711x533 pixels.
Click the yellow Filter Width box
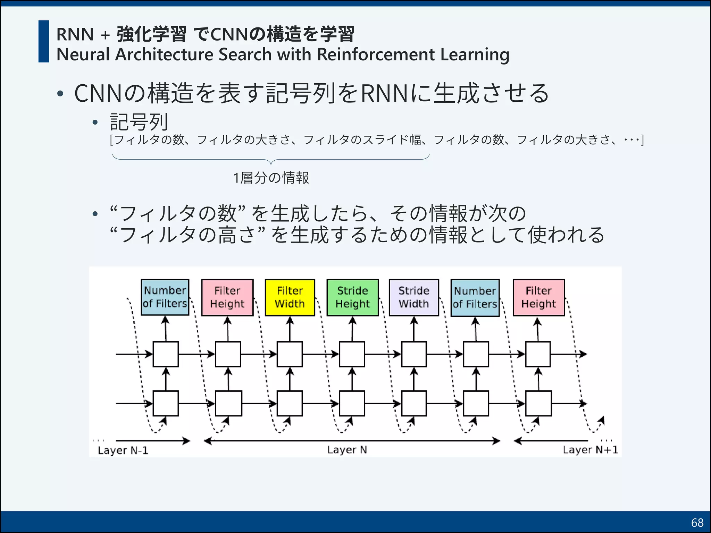[290, 297]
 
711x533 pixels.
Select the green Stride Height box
[352, 297]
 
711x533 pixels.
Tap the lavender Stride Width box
[414, 297]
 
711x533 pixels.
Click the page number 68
[697, 523]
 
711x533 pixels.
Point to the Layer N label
[347, 450]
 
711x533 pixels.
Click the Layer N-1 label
[123, 450]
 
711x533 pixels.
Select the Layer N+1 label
[590, 450]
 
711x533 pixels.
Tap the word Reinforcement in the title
[376, 54]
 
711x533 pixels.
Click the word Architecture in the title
[165, 54]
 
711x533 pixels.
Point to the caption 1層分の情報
[271, 178]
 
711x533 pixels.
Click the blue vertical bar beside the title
[44, 41]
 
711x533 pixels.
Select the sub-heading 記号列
[139, 122]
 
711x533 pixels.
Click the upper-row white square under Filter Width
[290, 354]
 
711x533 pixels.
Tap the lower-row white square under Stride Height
[352, 403]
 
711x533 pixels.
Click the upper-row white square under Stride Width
[414, 354]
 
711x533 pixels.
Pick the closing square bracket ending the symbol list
[643, 140]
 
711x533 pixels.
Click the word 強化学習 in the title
[151, 34]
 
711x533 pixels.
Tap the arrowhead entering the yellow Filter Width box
[290, 320]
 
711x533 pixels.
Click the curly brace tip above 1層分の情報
[271, 163]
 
